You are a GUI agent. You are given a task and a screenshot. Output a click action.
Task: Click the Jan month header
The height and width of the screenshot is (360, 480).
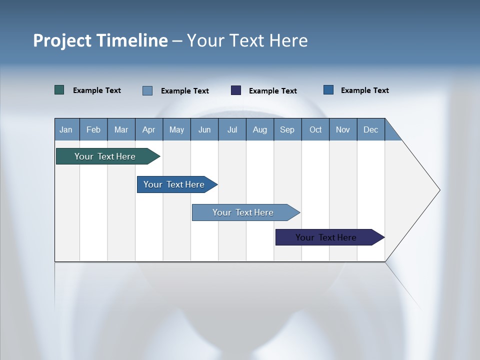click(66, 129)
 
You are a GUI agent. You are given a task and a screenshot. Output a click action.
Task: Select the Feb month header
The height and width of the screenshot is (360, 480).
click(93, 129)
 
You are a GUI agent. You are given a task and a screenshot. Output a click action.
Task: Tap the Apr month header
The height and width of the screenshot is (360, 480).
click(148, 129)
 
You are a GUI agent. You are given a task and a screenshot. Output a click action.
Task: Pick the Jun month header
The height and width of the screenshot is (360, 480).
click(204, 129)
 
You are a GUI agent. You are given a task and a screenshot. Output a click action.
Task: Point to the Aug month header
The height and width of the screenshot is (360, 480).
click(260, 129)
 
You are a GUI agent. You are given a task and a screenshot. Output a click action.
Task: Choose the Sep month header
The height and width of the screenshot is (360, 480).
click(287, 129)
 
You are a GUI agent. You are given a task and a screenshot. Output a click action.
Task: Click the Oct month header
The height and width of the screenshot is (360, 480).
click(315, 129)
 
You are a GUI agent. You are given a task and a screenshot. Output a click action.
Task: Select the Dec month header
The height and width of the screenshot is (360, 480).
click(371, 129)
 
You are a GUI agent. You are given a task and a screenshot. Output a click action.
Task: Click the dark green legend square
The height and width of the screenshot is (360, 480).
click(59, 90)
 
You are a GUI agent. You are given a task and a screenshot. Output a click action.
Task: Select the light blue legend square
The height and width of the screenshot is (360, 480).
click(147, 90)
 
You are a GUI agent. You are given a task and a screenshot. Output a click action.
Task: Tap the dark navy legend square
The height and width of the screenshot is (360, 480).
click(236, 90)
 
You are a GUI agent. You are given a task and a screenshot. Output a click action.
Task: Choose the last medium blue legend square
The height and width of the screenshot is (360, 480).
click(328, 90)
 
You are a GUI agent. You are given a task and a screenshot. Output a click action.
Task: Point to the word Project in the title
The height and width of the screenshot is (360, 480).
click(62, 40)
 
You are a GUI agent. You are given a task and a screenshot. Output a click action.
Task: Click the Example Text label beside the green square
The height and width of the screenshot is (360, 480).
click(97, 90)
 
